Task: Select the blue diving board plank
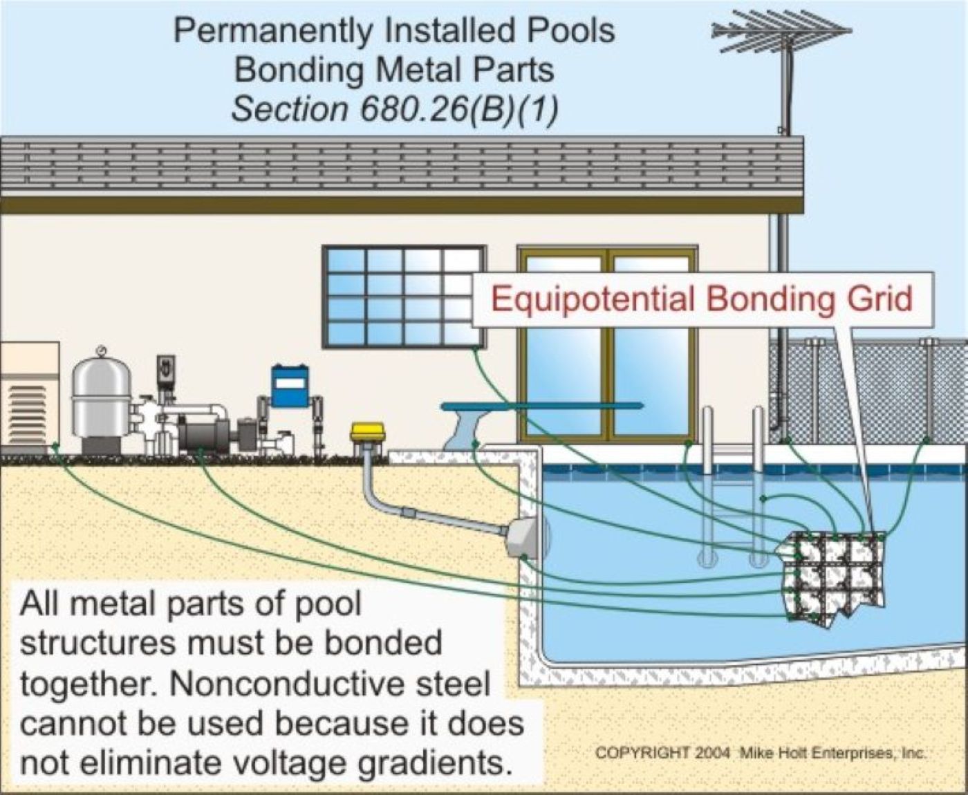pos(542,406)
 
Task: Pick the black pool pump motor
pos(204,434)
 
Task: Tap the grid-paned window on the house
pos(404,296)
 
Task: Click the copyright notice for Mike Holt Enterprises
pos(761,753)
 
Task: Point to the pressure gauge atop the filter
pos(102,350)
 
